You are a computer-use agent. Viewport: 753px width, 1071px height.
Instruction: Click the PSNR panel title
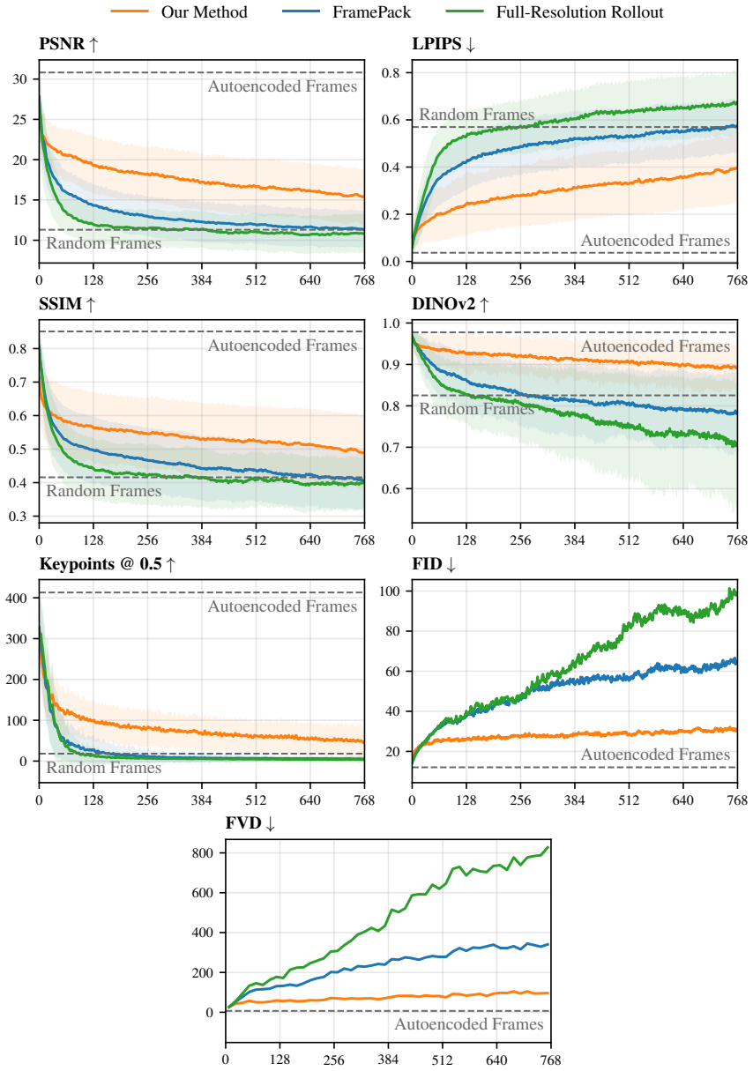(69, 44)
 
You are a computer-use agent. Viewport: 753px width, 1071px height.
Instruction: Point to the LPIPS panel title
(444, 44)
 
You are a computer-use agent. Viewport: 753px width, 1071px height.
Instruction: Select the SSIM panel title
(67, 303)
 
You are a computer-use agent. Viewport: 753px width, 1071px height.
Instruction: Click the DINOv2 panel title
(451, 303)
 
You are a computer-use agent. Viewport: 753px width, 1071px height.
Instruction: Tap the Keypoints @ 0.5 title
(108, 564)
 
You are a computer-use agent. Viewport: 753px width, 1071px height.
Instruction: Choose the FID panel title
(434, 564)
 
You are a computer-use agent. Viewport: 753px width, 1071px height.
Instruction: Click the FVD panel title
(250, 823)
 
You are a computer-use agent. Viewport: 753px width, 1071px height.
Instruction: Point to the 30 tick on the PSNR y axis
(19, 78)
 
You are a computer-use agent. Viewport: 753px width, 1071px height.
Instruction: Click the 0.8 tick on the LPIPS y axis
(391, 72)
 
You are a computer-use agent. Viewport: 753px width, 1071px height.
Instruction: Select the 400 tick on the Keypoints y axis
(17, 599)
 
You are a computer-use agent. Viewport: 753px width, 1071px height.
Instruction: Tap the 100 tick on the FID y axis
(389, 591)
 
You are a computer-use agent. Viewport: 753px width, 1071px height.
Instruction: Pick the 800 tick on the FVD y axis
(203, 853)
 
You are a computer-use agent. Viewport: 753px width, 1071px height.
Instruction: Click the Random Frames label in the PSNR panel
(103, 243)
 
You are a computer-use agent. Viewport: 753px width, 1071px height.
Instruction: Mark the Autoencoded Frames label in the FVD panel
(469, 1024)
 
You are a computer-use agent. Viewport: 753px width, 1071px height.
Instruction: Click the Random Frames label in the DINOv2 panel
(476, 409)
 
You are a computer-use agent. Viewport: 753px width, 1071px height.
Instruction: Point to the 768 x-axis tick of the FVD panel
(550, 1060)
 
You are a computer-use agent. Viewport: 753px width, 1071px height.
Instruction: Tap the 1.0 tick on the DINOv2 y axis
(391, 324)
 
